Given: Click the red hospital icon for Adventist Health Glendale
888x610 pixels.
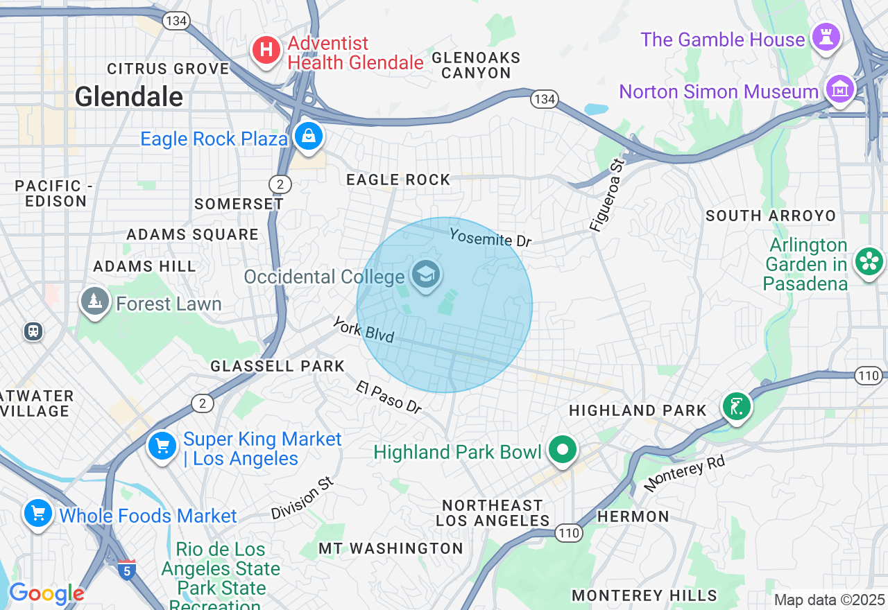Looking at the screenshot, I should [266, 51].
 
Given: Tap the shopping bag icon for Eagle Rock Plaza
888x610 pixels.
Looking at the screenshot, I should [308, 136].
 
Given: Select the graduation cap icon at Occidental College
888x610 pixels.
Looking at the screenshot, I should [425, 274].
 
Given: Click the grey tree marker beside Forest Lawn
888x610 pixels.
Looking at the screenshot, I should [95, 302].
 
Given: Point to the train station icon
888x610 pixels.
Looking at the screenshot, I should [33, 331].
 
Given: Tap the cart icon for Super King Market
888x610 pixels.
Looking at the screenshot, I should [162, 445].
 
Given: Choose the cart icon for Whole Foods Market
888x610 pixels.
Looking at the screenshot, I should [37, 514].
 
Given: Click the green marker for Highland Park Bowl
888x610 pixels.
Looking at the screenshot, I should [563, 450].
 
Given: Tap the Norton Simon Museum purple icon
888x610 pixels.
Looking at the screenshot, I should [839, 89].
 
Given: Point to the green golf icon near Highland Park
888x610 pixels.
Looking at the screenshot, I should [736, 406].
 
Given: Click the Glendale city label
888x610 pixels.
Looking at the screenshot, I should [128, 96].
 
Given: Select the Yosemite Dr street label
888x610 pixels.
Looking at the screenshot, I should [490, 238].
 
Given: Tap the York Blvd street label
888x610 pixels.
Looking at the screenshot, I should [363, 330].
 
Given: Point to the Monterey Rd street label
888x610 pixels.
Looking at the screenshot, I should [684, 473].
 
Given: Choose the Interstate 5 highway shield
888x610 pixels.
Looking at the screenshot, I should [126, 570].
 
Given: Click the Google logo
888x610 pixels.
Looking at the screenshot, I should [46, 593].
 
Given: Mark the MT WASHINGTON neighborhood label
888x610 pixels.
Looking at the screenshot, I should [391, 548].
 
